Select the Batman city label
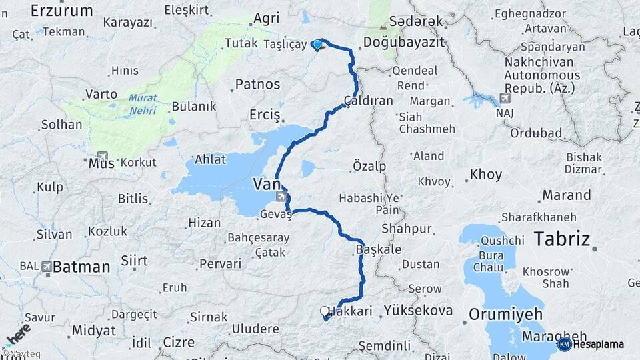pos(81,267)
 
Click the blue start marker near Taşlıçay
pos(317,45)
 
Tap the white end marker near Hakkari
pos(325,311)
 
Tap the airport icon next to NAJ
pos(505,98)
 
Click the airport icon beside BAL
pos(46,267)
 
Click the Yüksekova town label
pos(419,310)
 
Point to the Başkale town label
pos(379,249)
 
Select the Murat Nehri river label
pos(143,104)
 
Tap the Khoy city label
pos(485,175)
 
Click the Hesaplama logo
pos(596,344)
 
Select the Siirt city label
pos(134,261)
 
